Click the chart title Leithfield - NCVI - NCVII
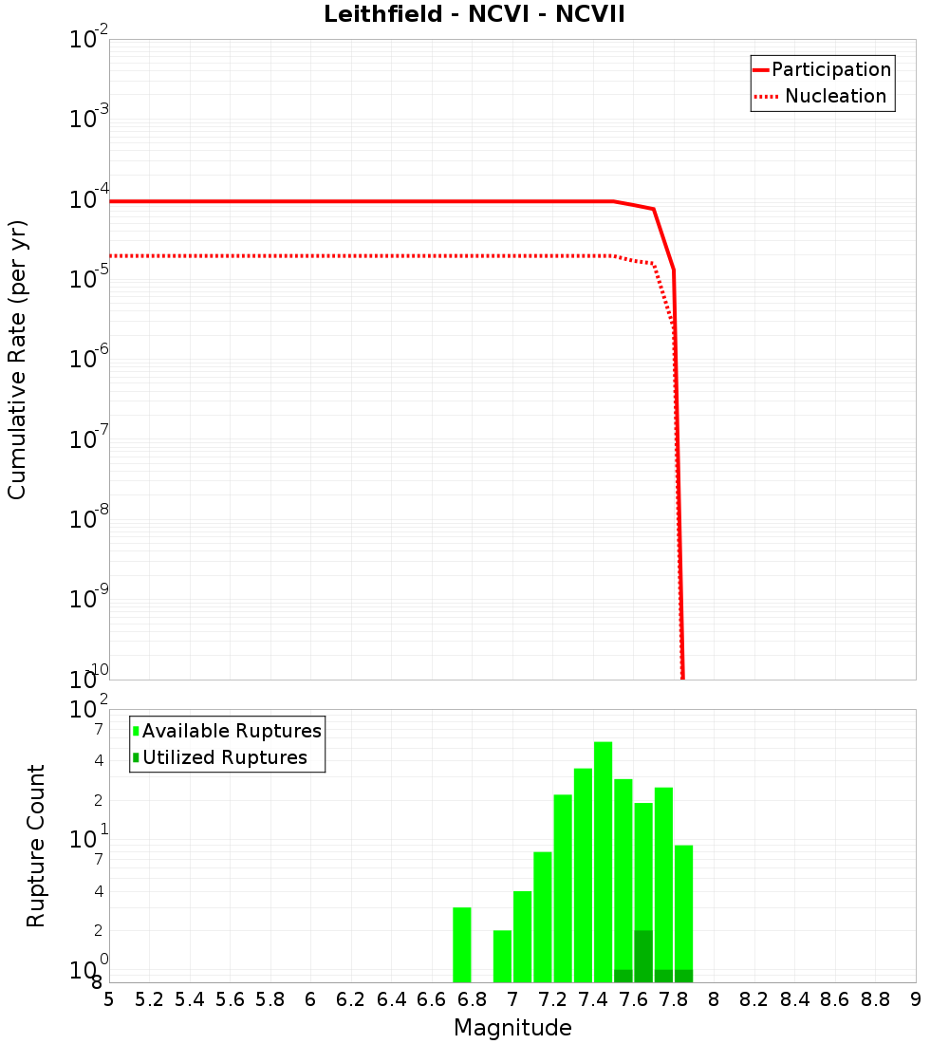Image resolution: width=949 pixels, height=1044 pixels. (x=474, y=15)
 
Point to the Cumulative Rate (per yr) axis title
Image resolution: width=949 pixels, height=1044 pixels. (x=18, y=359)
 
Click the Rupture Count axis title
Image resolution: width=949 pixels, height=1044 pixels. (x=36, y=846)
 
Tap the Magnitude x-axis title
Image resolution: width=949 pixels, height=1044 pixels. (x=512, y=1028)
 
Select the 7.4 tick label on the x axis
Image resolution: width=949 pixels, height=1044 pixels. (x=593, y=999)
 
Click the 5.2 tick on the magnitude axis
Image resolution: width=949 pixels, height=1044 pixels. (x=149, y=999)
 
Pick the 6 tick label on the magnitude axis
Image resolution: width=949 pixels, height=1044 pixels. (x=310, y=999)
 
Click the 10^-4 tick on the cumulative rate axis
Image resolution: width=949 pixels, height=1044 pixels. (x=87, y=200)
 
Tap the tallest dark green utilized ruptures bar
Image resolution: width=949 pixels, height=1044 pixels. (x=643, y=956)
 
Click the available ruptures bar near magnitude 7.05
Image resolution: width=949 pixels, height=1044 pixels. (x=522, y=937)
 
